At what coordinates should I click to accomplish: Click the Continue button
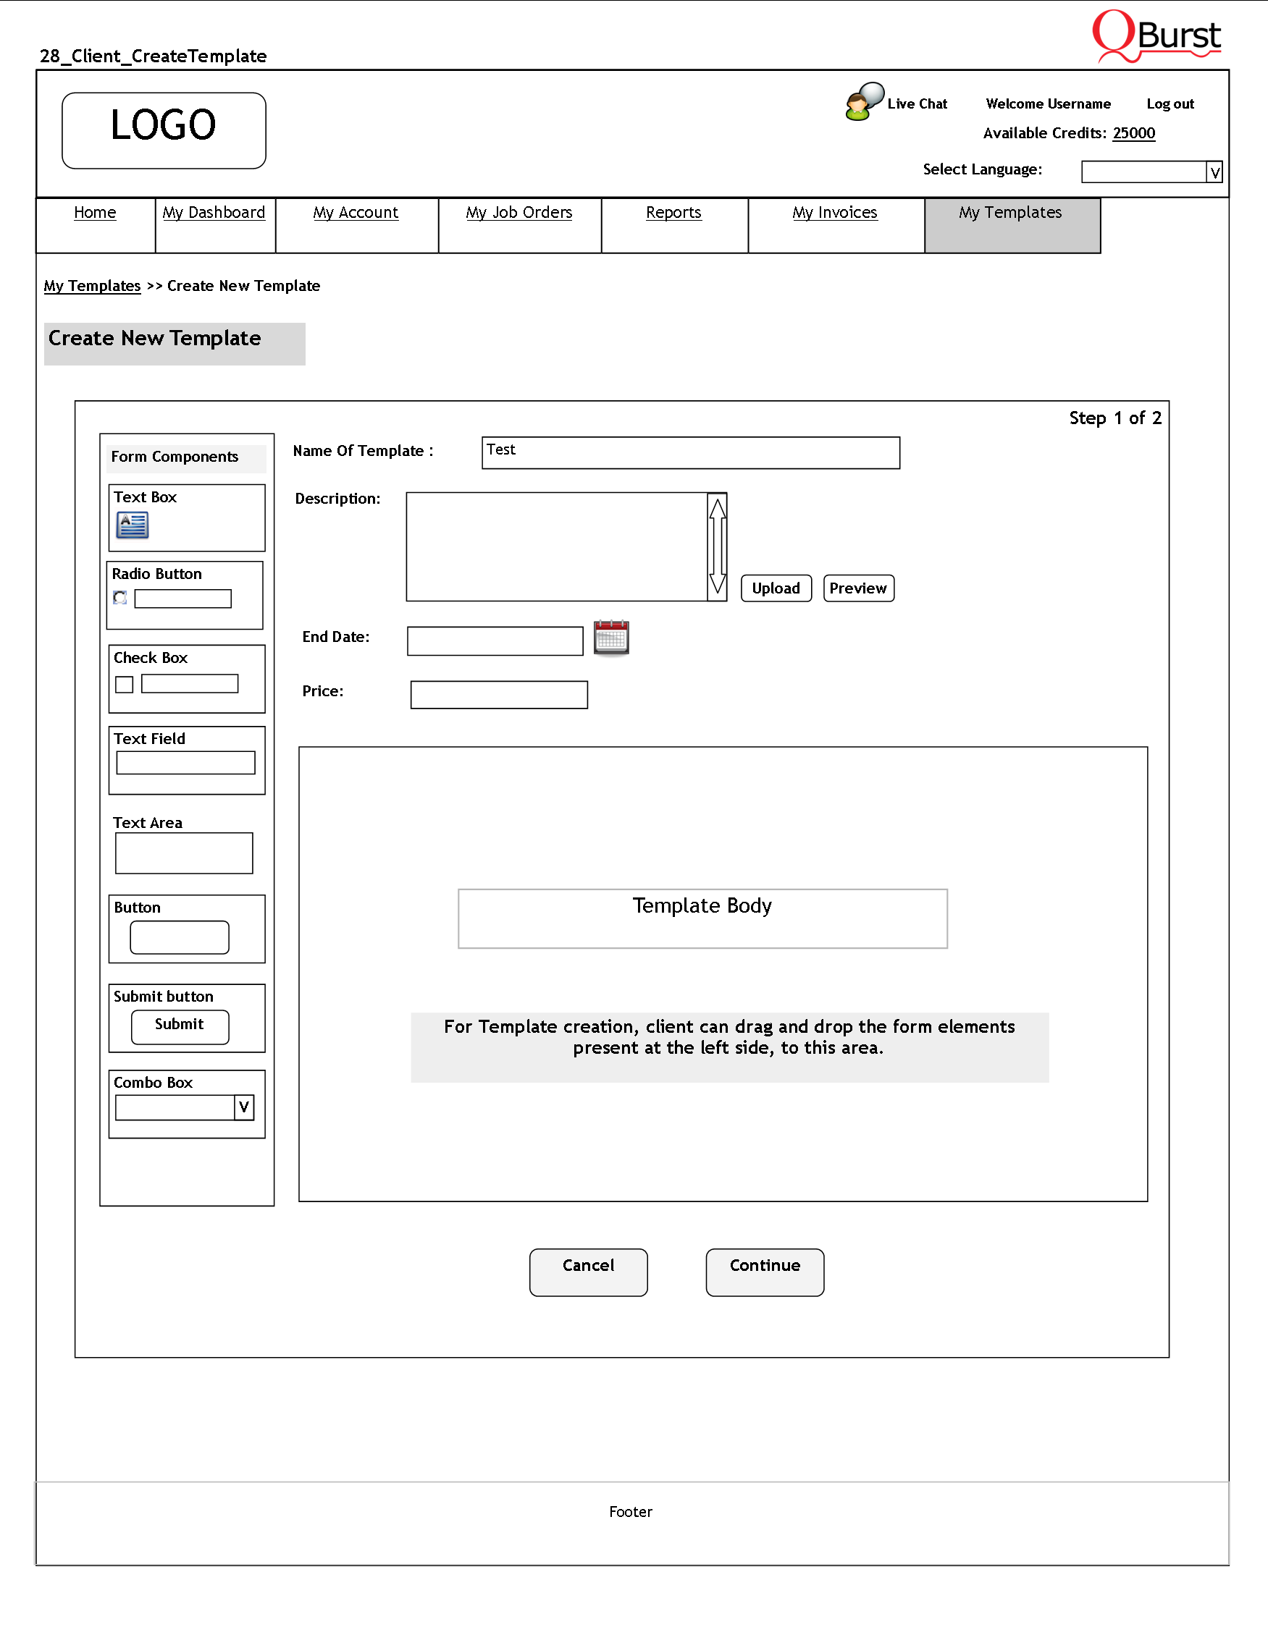coord(764,1272)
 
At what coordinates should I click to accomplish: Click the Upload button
coord(776,588)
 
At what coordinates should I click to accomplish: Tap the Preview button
coord(858,588)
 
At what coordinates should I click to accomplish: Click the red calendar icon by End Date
coord(610,638)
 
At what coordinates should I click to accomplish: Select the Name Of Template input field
coord(689,453)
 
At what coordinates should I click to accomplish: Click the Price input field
coord(499,695)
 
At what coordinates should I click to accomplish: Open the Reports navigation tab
coord(673,214)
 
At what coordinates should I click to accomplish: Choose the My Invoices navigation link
coord(834,214)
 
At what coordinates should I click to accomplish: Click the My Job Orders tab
coord(518,214)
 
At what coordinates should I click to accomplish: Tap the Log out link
coord(1169,104)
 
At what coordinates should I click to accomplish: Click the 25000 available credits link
coord(1133,134)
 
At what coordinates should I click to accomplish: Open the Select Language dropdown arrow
coord(1213,173)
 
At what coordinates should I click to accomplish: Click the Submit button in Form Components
coord(180,1026)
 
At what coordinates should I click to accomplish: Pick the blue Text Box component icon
coord(133,525)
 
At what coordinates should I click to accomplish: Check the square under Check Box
coord(124,684)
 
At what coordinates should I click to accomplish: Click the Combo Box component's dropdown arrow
coord(244,1107)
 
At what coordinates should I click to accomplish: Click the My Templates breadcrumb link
coord(93,286)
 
